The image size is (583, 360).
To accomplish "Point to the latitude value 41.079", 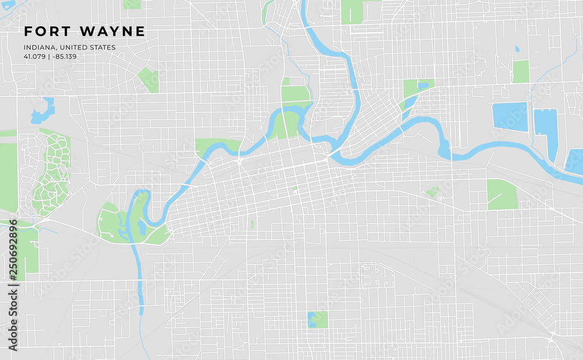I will (x=34, y=57).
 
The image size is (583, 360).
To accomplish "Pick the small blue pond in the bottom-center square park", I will (x=312, y=318).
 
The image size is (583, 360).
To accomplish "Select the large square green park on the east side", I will (x=502, y=195).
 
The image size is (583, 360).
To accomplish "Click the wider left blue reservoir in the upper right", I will (x=510, y=116).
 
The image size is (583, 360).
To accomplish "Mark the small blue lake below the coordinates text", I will (x=43, y=111).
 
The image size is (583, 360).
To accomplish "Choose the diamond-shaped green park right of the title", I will (x=149, y=80).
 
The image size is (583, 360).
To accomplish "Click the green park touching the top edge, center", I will (x=352, y=12).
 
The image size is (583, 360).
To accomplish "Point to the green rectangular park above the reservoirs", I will (x=521, y=71).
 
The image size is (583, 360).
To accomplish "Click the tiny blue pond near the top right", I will (x=517, y=49).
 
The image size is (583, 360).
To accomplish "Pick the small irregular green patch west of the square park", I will (x=433, y=191).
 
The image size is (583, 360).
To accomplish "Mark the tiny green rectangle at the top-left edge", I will (x=131, y=4).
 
